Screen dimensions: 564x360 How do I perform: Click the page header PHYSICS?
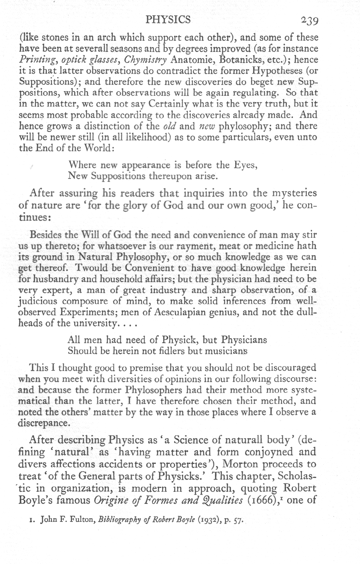click(168, 19)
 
